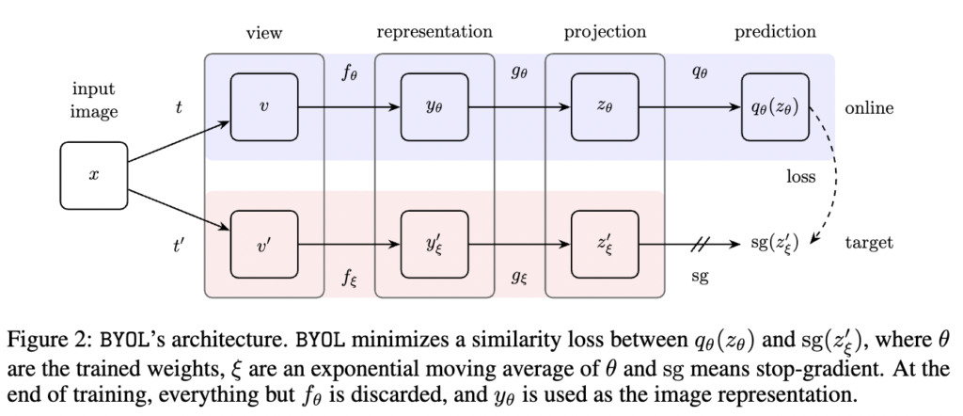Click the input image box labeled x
94,176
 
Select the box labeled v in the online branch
264,107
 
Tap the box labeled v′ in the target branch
264,245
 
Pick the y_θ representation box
434,107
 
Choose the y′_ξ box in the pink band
434,245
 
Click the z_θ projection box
605,107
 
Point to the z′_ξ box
605,245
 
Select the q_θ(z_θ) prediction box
776,107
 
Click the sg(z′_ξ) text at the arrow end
775,244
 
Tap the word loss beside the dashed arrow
801,177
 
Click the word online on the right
869,108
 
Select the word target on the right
869,244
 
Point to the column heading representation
434,32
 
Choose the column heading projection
605,33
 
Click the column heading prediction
776,32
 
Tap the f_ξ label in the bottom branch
350,278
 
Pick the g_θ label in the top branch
519,73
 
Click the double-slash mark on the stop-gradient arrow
699,245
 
